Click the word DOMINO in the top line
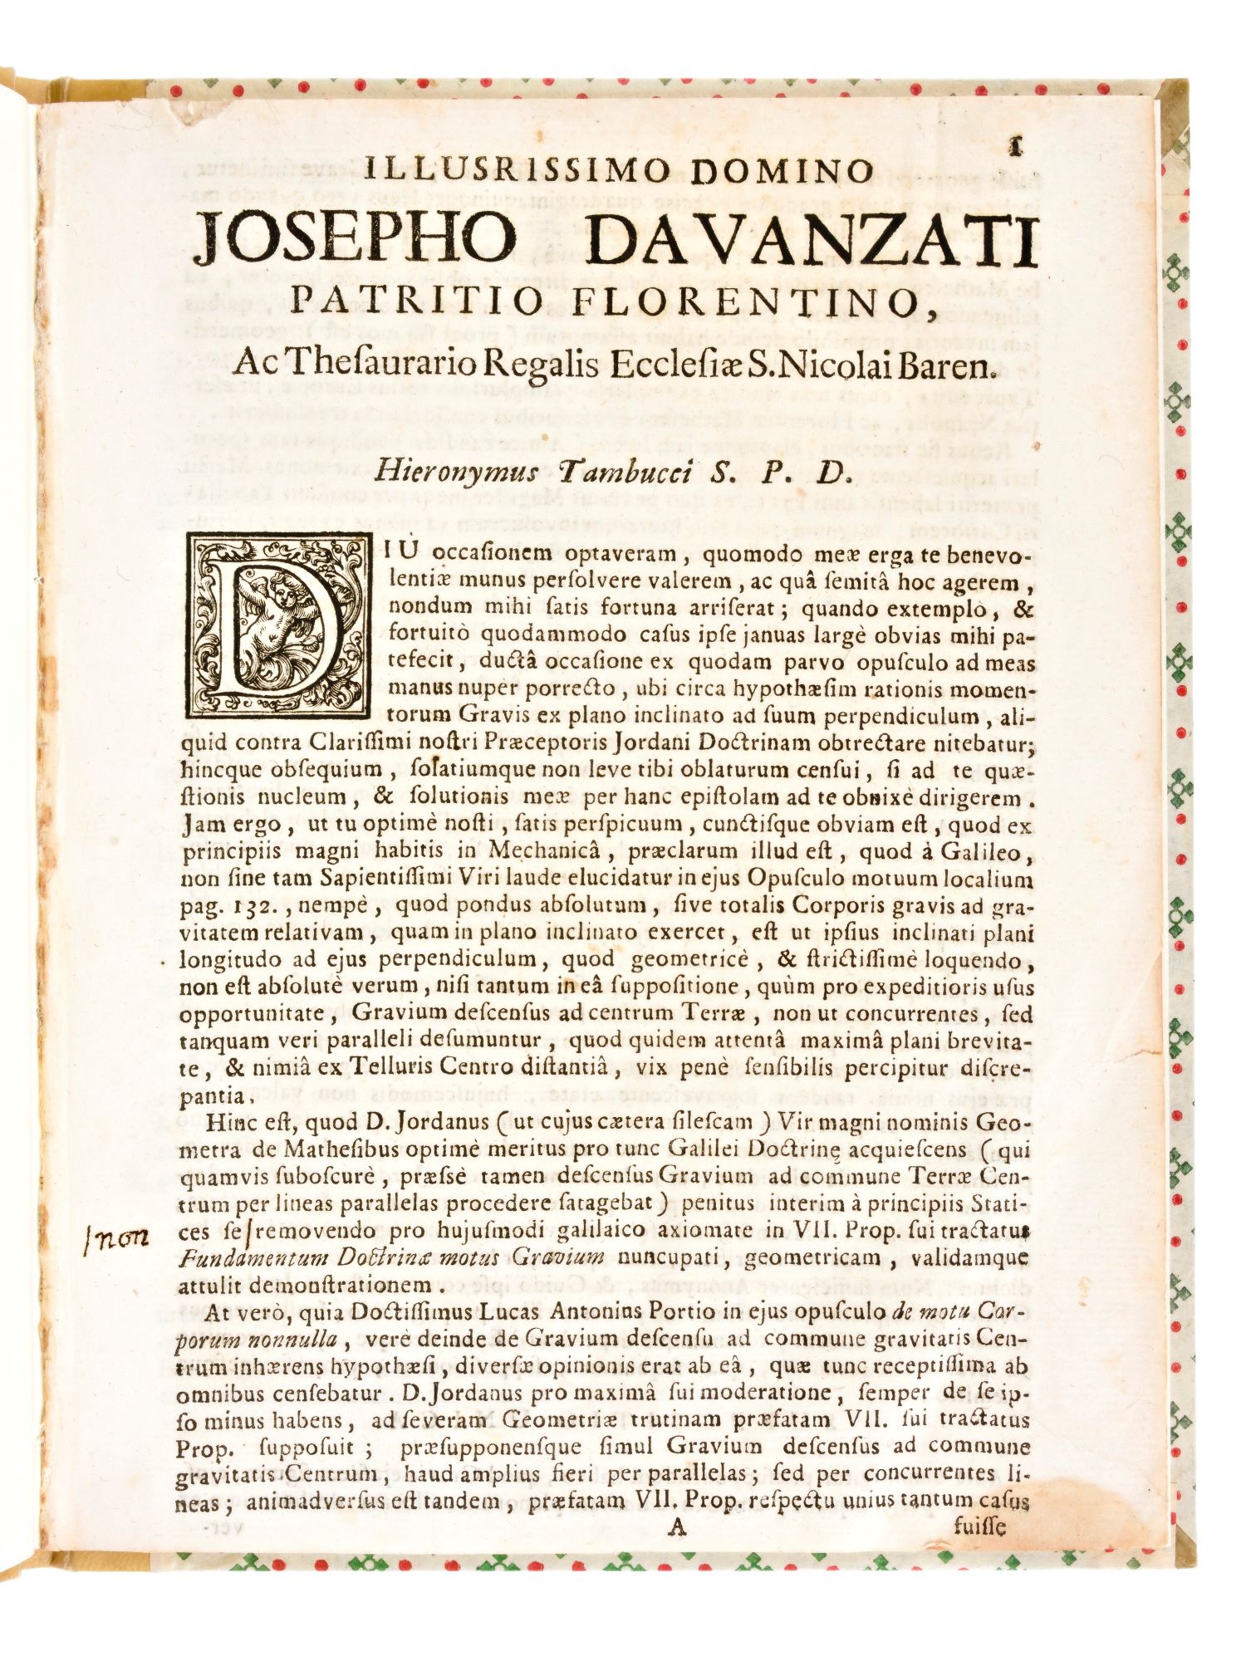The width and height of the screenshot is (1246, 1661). [x=783, y=171]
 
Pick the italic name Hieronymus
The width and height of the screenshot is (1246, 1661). [x=456, y=472]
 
